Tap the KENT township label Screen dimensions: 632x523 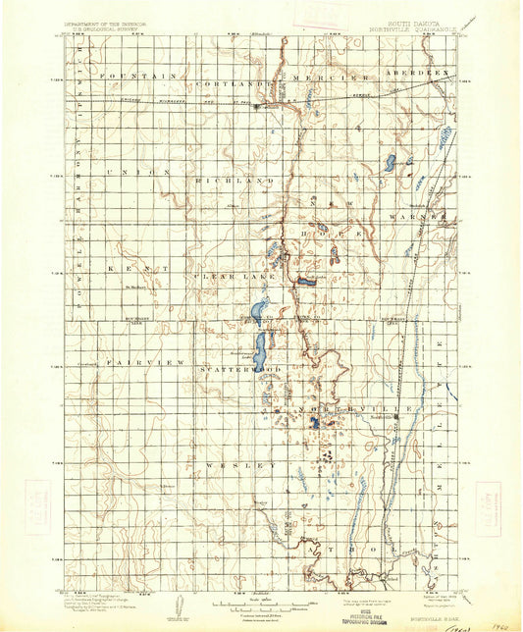click(133, 267)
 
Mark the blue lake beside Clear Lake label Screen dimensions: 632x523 click(257, 313)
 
